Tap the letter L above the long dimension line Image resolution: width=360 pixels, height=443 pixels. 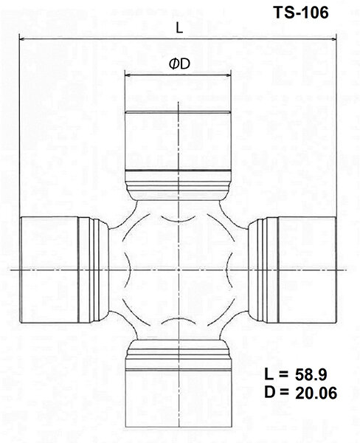[x=179, y=28]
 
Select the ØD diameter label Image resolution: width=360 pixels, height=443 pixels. [x=179, y=64]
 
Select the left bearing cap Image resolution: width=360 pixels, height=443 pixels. [x=48, y=269]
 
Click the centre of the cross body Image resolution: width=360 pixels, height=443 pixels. [x=179, y=269]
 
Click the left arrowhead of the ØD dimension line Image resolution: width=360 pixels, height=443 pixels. [x=126, y=75]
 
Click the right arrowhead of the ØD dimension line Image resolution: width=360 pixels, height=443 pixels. [x=231, y=75]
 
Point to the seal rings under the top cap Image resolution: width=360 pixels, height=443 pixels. [x=179, y=181]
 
